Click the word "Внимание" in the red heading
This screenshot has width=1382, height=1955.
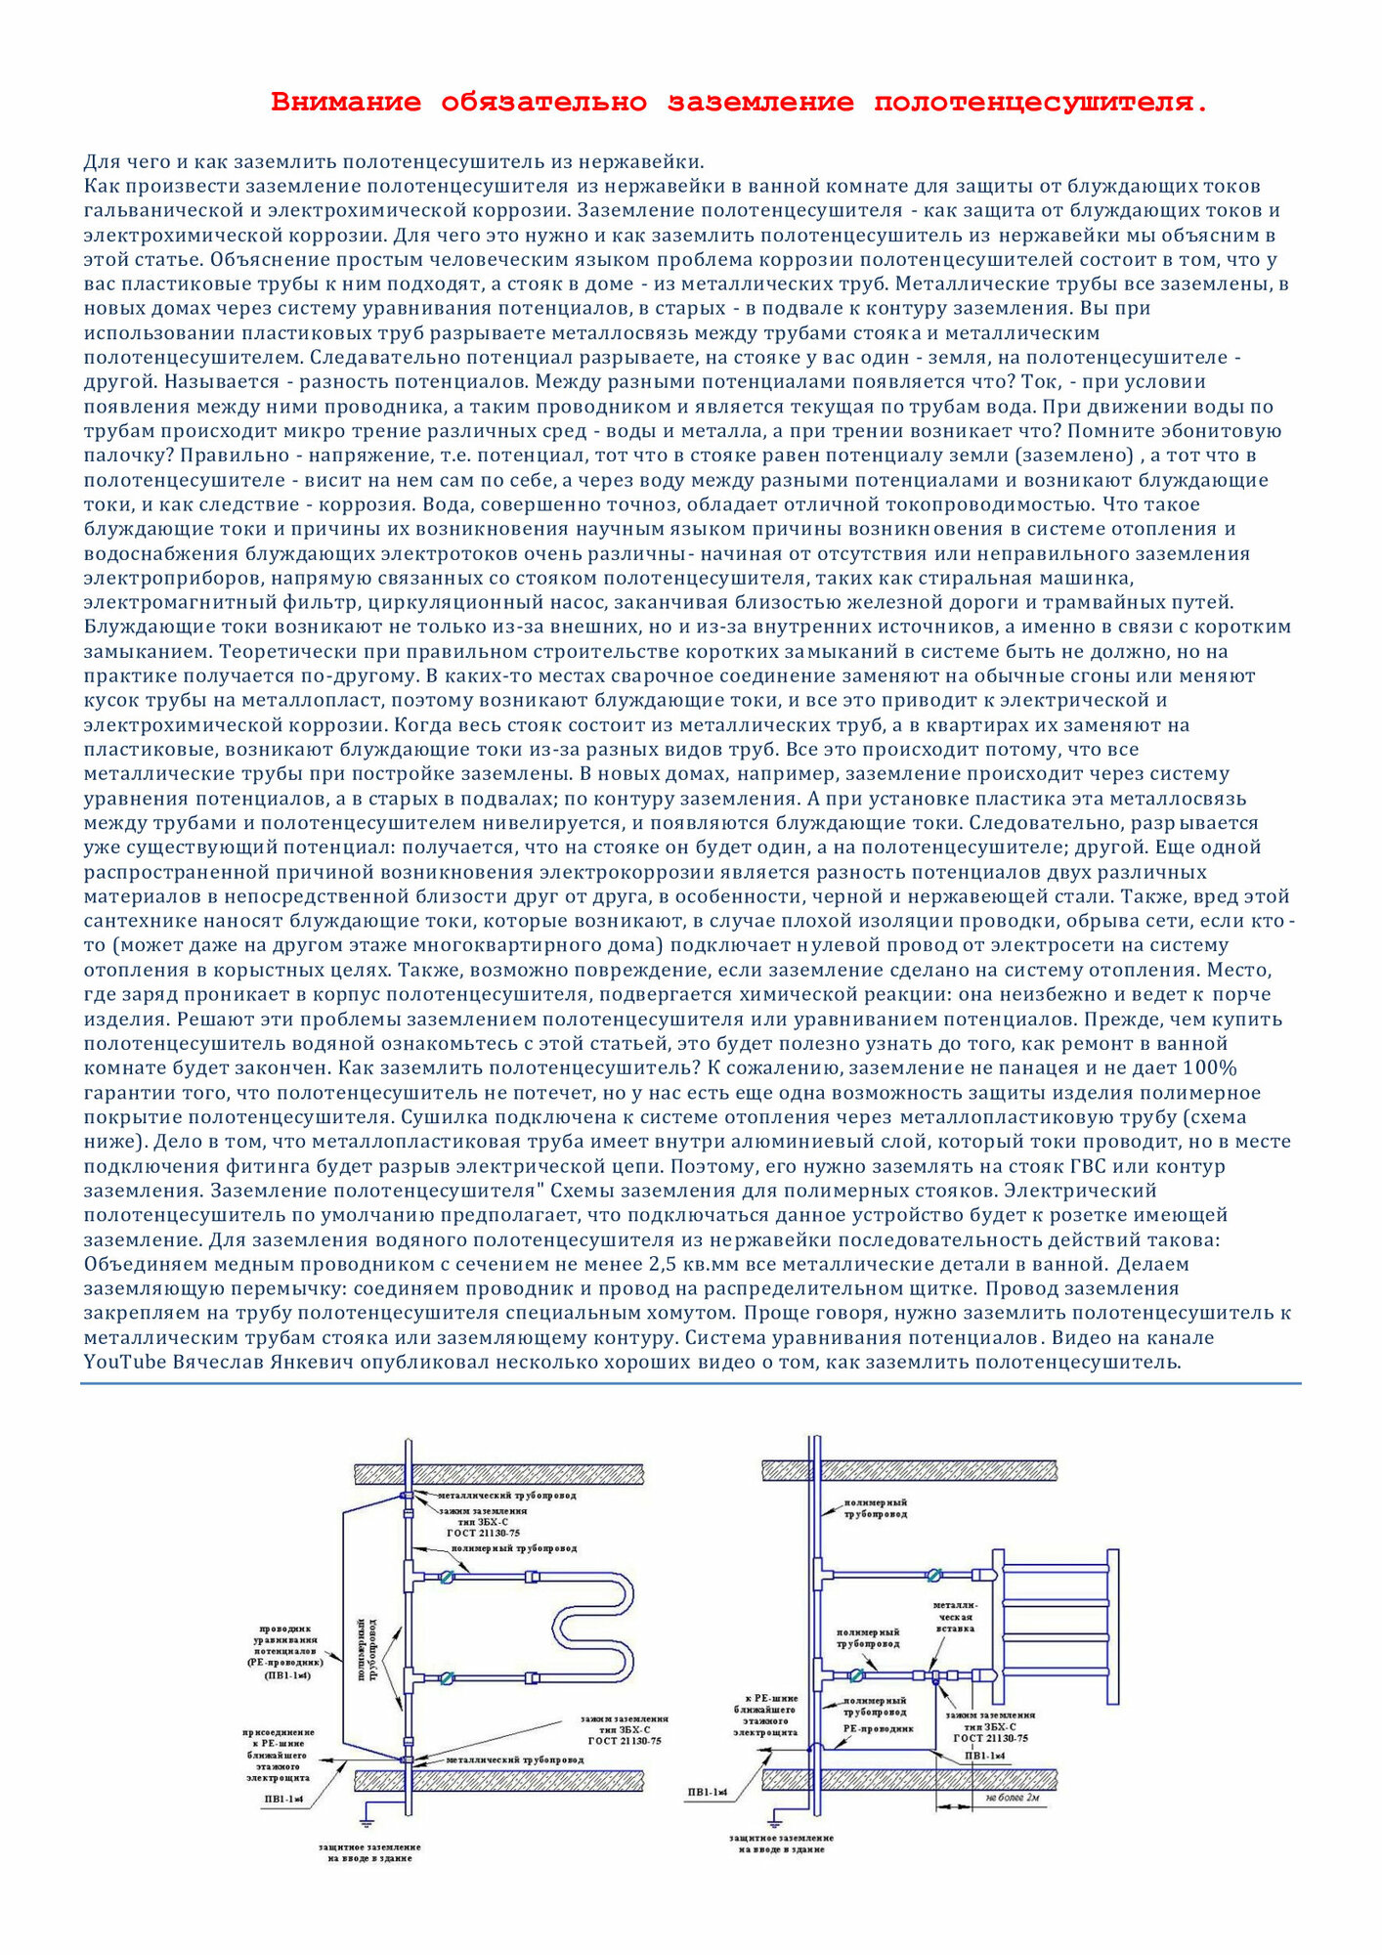click(x=346, y=103)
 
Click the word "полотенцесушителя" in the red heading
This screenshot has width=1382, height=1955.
click(x=1040, y=103)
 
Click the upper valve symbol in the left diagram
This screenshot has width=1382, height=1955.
click(x=447, y=1576)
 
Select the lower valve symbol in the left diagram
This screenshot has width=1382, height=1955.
click(x=447, y=1678)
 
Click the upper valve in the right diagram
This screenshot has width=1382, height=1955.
click(x=933, y=1575)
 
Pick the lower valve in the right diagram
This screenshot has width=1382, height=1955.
click(x=856, y=1675)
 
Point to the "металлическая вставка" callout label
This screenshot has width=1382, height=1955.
click(x=955, y=1616)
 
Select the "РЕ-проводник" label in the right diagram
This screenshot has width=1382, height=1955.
click(x=878, y=1728)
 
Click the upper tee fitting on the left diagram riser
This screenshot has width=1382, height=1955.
click(x=409, y=1576)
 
